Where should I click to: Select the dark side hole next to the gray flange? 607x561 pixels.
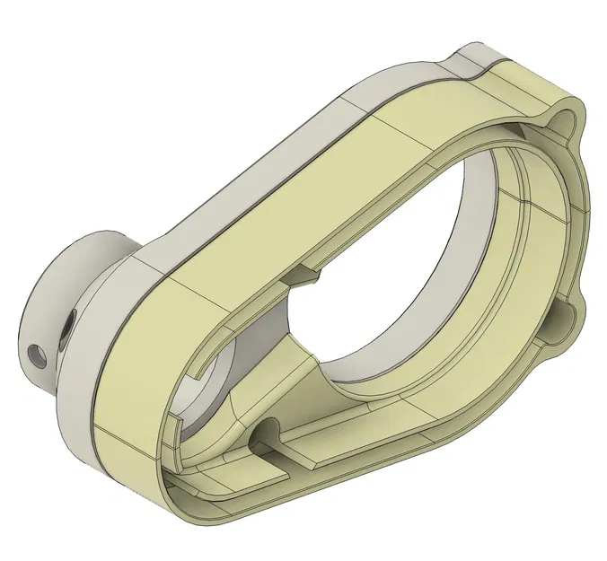pyautogui.click(x=67, y=332)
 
